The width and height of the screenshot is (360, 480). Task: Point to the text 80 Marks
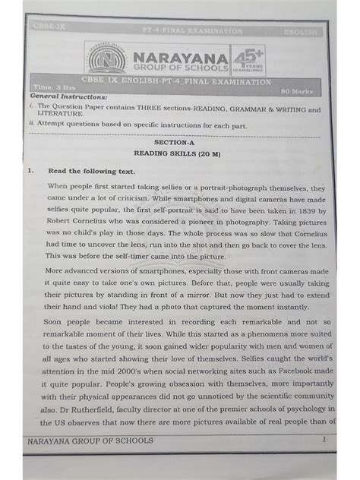(298, 90)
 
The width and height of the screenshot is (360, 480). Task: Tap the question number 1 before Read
(29, 172)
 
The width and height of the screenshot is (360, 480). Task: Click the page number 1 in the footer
(324, 440)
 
